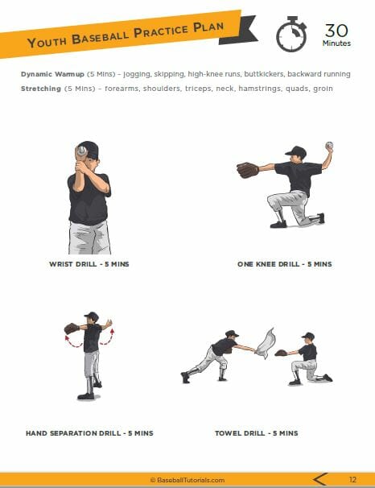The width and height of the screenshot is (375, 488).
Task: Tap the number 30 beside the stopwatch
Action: tap(336, 31)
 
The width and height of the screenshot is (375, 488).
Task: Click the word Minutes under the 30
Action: tap(336, 43)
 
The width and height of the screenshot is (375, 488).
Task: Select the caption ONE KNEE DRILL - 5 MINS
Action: tap(284, 263)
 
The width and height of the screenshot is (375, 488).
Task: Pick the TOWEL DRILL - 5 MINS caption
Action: tap(256, 432)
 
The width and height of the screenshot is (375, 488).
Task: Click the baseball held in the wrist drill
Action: tap(80, 151)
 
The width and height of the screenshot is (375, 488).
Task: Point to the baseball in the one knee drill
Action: tap(328, 146)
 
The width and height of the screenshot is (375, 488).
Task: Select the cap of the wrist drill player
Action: tap(89, 149)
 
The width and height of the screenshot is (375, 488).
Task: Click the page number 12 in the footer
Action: tap(352, 479)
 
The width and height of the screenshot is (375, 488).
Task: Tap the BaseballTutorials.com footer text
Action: tap(187, 479)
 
